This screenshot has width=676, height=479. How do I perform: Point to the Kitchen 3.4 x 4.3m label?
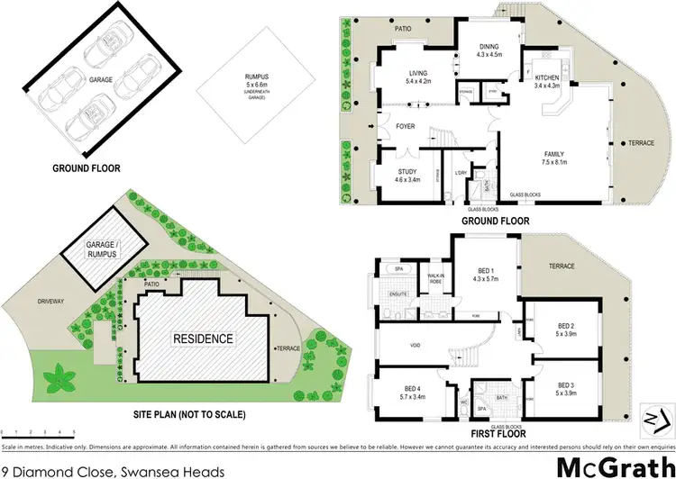click(548, 81)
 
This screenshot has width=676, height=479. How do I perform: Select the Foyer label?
click(406, 126)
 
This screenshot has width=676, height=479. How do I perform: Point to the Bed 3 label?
click(565, 389)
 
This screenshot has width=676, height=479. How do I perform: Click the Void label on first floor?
click(416, 342)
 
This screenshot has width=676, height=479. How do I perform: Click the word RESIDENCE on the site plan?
click(204, 339)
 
